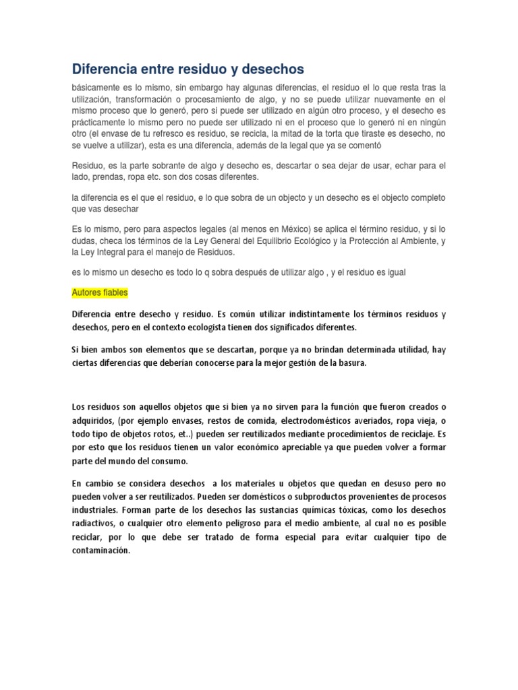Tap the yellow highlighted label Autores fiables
click(x=99, y=293)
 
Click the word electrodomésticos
click(x=309, y=420)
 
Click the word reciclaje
click(x=405, y=433)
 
